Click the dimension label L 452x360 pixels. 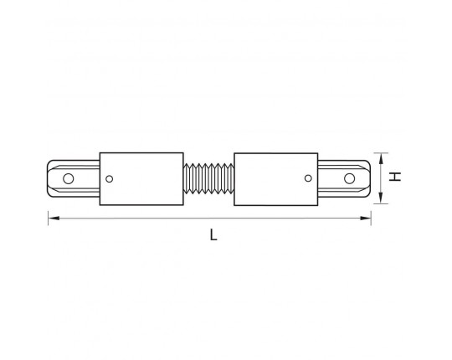(213, 234)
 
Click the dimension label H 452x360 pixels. (395, 177)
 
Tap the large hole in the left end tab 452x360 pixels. (69, 178)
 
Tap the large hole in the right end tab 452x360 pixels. (349, 178)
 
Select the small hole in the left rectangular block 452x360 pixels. (110, 179)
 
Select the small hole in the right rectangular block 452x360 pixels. (308, 178)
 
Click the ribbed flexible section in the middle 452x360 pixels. (208, 178)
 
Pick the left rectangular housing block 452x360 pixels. (141, 179)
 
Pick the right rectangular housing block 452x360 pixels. (276, 179)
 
